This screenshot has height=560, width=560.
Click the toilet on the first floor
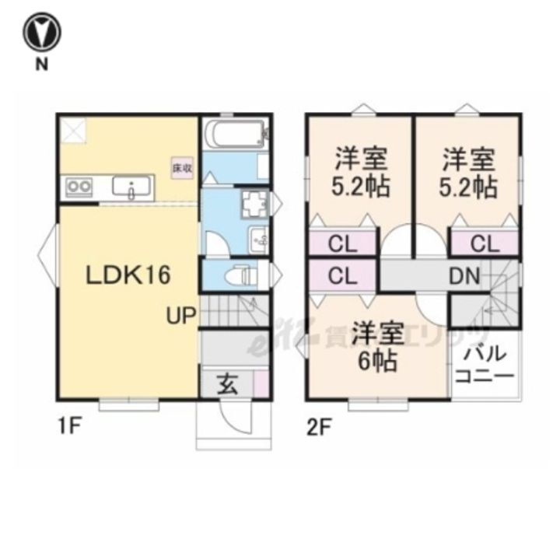point(242,274)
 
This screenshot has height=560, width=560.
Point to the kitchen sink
point(133,187)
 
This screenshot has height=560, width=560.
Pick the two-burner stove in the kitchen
point(79,187)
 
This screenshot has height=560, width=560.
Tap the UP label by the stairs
point(180,315)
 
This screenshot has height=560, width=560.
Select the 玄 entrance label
point(226,384)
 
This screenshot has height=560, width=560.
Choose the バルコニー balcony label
point(485,365)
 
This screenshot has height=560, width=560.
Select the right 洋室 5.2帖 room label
point(470,173)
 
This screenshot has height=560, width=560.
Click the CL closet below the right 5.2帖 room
point(484,243)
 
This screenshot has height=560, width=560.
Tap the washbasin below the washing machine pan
point(257,238)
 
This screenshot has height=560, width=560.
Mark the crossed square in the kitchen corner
point(73,130)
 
